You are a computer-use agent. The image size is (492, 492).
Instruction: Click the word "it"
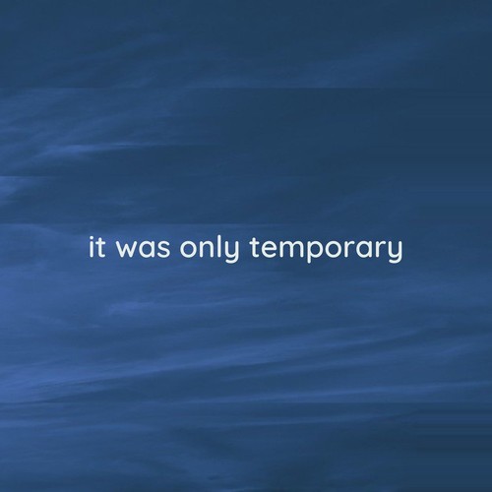click(96, 248)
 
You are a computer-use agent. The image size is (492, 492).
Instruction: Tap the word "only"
click(215, 250)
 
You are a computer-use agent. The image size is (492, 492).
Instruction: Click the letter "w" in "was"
click(126, 251)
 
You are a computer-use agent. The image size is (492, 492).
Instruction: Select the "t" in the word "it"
click(100, 248)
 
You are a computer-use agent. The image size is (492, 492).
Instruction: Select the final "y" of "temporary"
click(396, 254)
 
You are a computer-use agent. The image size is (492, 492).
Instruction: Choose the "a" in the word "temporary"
click(363, 251)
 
